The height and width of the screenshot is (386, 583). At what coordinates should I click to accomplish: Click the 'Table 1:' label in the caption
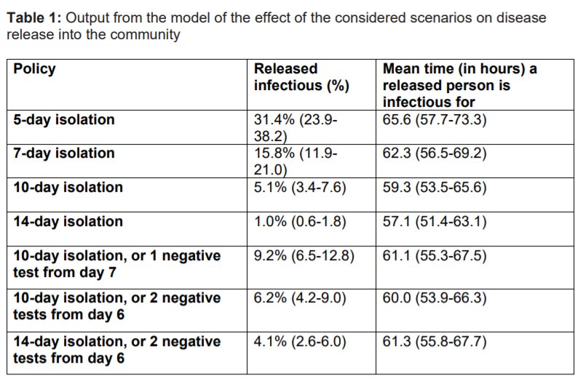(33, 18)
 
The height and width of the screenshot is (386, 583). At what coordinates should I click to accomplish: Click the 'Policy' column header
(35, 70)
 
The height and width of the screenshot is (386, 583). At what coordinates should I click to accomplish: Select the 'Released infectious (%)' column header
(301, 77)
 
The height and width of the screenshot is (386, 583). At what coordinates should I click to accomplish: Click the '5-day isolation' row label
(64, 120)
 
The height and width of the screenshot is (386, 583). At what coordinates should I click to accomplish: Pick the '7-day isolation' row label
(64, 153)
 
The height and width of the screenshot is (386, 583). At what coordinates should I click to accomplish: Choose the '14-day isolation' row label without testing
(68, 222)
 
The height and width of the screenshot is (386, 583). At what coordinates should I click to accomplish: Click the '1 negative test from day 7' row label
(117, 264)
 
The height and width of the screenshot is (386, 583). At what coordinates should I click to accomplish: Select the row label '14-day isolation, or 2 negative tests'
(117, 350)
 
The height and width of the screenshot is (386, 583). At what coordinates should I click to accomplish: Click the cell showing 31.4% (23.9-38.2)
(296, 128)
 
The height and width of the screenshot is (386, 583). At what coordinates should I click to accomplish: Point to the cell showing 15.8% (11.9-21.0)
(296, 161)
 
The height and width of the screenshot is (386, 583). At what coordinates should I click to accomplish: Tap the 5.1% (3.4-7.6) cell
(300, 188)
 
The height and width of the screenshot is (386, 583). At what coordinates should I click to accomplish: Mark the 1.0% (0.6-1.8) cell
(300, 222)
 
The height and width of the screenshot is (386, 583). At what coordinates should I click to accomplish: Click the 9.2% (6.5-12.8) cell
(304, 256)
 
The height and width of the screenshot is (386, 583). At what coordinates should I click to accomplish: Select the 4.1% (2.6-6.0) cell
(300, 342)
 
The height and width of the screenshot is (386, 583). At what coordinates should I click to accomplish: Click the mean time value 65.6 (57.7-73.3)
(435, 120)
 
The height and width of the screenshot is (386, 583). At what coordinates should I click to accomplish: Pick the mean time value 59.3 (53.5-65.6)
(435, 188)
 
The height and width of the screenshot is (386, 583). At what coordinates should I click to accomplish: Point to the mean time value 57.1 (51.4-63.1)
(435, 222)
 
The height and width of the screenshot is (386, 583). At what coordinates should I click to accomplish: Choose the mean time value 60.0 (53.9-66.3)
(435, 298)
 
